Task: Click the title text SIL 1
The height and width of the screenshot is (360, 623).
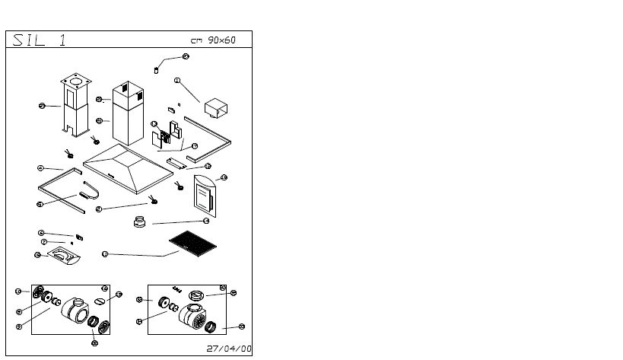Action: coord(37,40)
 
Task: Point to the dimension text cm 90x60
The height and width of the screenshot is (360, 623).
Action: coord(213,40)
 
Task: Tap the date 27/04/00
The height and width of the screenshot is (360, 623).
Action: coord(229,349)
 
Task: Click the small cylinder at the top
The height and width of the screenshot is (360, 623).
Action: coord(157,70)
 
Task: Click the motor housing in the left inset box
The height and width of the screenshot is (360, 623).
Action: coord(75,311)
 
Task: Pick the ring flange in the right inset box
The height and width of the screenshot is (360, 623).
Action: coord(196,295)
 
